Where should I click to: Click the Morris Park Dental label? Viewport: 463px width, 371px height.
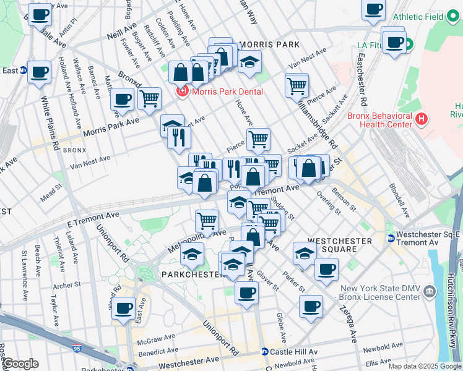[227, 92]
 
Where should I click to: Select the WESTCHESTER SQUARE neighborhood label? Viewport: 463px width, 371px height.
[340, 244]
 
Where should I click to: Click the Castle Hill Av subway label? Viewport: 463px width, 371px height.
[293, 352]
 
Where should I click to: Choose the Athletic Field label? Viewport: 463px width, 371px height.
[418, 17]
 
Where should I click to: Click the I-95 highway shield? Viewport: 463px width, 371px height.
[77, 349]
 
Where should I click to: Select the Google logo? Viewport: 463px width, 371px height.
[20, 364]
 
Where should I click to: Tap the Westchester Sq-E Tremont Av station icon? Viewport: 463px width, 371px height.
[391, 239]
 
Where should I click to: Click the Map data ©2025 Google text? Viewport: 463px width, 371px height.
[424, 366]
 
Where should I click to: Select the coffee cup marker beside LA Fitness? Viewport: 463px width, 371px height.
[394, 43]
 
